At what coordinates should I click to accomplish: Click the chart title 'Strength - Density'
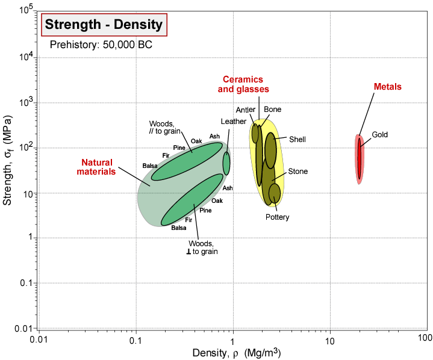point(104,25)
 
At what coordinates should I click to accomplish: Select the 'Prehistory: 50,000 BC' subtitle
point(92,45)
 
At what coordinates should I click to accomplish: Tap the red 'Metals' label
point(387,87)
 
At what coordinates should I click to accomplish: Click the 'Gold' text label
point(379,134)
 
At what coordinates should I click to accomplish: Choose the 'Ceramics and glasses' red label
point(243,84)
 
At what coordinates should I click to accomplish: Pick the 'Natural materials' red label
point(99,167)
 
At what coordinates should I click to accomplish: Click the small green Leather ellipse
point(226,163)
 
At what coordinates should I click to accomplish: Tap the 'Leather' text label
point(234,122)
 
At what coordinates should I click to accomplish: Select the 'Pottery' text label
point(277,217)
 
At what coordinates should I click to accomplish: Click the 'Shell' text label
point(297,140)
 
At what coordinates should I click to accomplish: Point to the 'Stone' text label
point(297,172)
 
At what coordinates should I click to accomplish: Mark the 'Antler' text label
point(246,110)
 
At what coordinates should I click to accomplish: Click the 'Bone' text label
point(273,110)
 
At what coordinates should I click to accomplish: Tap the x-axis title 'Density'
point(235,352)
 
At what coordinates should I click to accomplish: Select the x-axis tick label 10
point(329,341)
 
